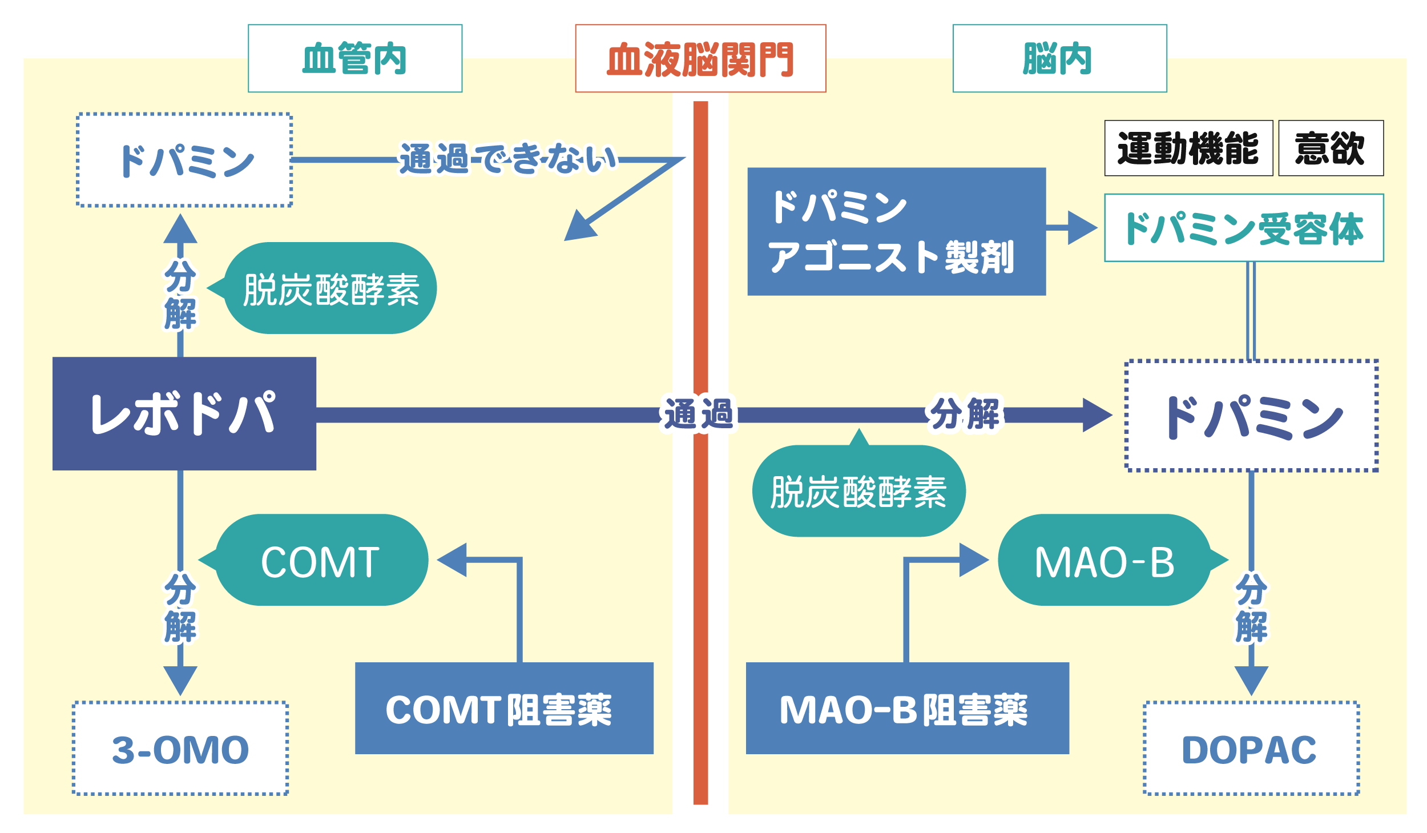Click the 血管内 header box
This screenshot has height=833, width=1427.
pyautogui.click(x=354, y=58)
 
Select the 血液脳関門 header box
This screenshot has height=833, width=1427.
pyautogui.click(x=700, y=58)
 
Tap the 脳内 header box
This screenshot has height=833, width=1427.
pyautogui.click(x=1059, y=58)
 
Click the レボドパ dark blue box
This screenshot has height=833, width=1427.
pyautogui.click(x=184, y=413)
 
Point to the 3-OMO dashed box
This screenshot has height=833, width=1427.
pyautogui.click(x=180, y=749)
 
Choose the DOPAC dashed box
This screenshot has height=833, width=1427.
pyautogui.click(x=1251, y=749)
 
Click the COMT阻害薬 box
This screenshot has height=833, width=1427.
pyautogui.click(x=504, y=709)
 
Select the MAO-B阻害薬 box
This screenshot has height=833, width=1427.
pyautogui.click(x=907, y=709)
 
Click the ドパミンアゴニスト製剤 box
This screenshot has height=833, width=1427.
pyautogui.click(x=896, y=231)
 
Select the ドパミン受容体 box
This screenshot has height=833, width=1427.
pyautogui.click(x=1244, y=228)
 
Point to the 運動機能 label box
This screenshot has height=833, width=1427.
pyautogui.click(x=1188, y=148)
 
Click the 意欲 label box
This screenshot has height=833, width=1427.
pyautogui.click(x=1331, y=148)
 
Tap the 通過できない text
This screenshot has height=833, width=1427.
pyautogui.click(x=507, y=158)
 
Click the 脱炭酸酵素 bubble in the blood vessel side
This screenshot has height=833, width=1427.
pyautogui.click(x=330, y=288)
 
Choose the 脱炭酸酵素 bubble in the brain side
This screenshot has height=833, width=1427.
pyautogui.click(x=858, y=491)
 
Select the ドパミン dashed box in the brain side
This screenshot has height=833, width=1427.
pyautogui.click(x=1251, y=416)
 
